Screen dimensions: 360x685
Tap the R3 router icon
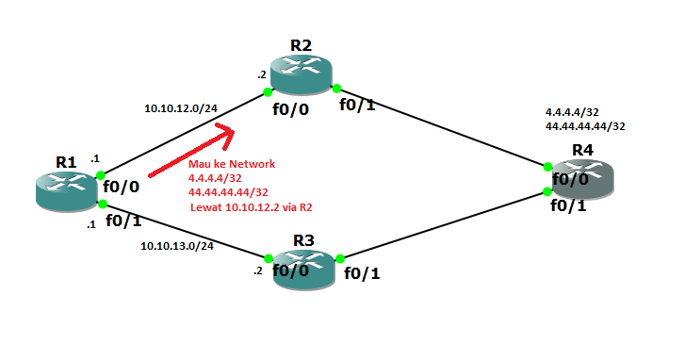[301, 270]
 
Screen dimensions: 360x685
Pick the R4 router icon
[581, 179]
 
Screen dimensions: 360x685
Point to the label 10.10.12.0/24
[181, 108]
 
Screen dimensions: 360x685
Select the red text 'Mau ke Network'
[232, 164]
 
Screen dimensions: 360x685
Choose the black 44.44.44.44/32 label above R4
[586, 124]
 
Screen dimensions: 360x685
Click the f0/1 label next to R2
[358, 105]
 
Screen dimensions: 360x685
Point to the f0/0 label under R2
[290, 109]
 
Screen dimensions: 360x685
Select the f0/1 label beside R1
[123, 221]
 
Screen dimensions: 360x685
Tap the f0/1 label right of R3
[363, 274]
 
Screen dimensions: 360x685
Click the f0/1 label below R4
[569, 206]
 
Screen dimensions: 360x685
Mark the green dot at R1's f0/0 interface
[101, 175]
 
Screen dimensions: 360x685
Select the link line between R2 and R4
[443, 128]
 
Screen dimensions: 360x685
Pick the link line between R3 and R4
[443, 227]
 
